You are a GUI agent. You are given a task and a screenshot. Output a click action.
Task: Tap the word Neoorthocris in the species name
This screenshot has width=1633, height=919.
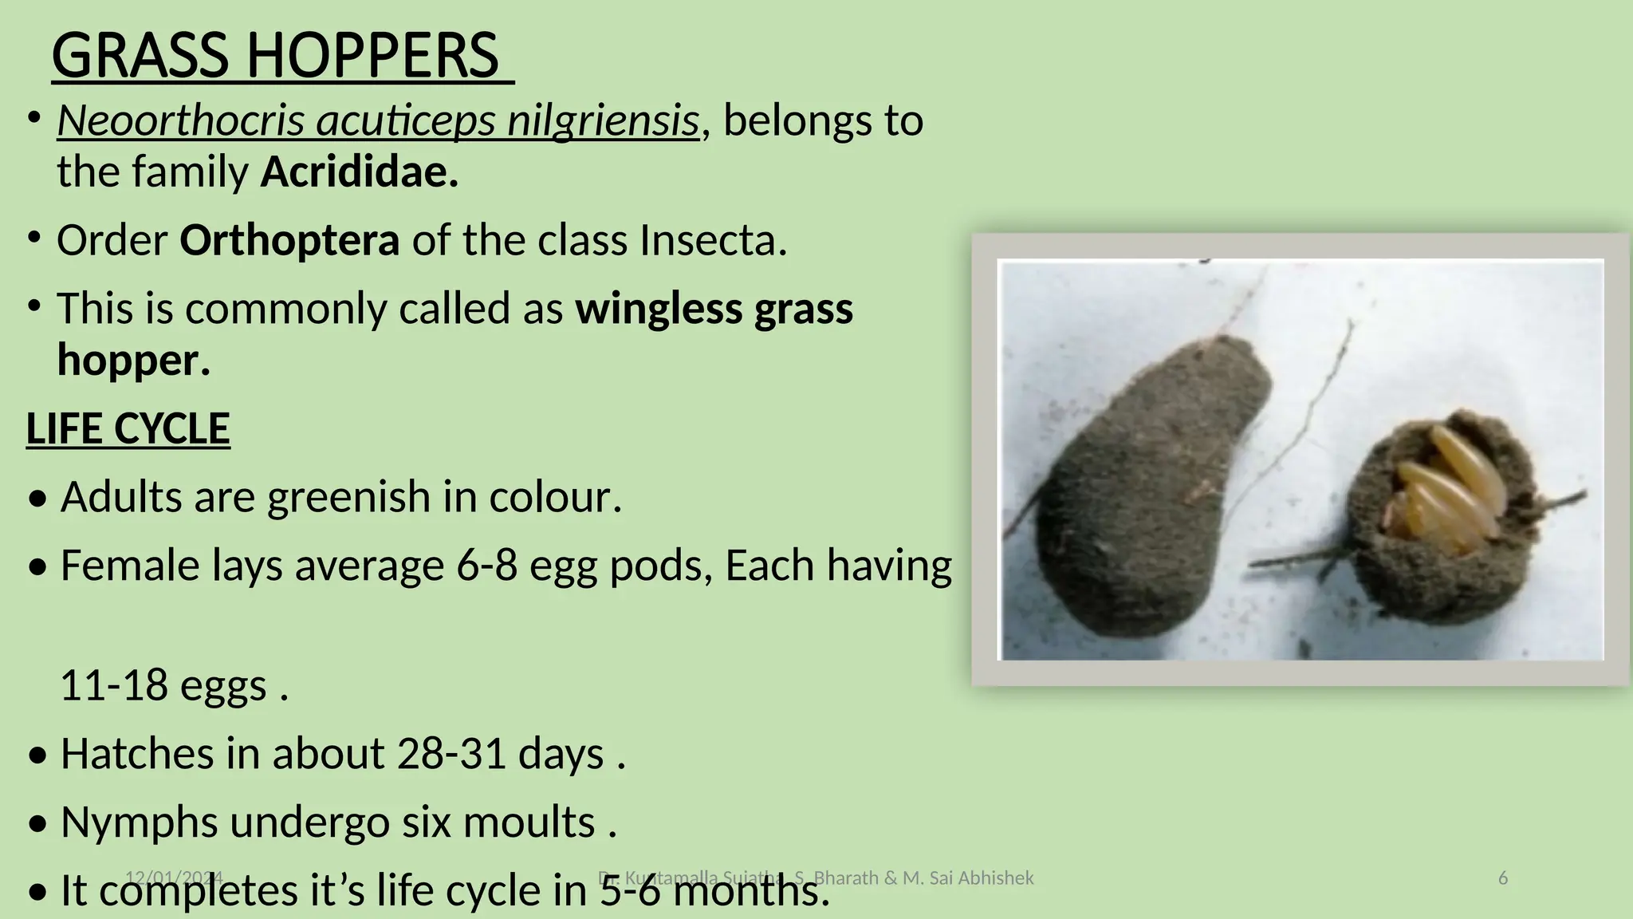181,121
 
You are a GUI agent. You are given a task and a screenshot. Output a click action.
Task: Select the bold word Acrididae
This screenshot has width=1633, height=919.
360,172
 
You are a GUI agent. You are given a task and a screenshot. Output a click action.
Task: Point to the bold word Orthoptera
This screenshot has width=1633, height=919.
289,240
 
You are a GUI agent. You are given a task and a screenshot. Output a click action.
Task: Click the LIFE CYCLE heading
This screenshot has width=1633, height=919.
128,429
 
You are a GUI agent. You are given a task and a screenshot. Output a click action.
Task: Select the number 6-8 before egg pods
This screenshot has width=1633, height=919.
486,566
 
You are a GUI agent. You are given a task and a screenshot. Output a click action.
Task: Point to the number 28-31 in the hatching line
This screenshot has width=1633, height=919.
451,754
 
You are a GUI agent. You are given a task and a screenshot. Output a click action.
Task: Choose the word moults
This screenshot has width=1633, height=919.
528,822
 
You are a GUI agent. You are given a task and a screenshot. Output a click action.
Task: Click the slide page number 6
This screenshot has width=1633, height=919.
1503,878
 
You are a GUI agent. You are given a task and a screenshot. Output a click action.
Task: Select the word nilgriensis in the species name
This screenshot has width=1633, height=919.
603,121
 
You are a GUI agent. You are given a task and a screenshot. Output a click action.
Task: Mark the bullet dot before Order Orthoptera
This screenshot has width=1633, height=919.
33,238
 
